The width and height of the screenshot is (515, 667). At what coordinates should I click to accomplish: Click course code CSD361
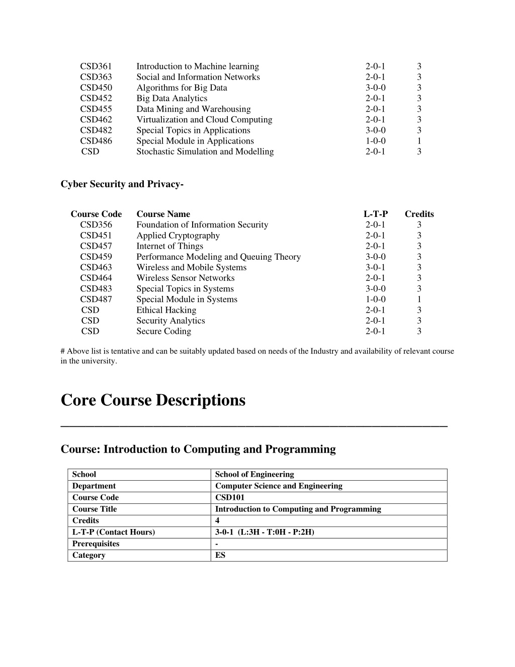click(x=96, y=66)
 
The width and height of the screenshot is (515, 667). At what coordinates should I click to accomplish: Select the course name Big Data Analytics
click(x=171, y=98)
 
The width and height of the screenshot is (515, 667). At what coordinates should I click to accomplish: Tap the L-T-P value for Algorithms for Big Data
click(x=375, y=88)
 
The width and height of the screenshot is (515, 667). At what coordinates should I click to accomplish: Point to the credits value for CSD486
click(x=419, y=141)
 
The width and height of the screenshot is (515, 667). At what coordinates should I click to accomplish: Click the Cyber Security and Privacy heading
click(x=122, y=184)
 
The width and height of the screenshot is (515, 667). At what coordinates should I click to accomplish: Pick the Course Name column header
click(x=163, y=214)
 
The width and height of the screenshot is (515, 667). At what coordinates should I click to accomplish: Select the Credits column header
click(x=419, y=214)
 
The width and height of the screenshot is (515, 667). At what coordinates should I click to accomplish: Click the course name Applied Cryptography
click(x=178, y=236)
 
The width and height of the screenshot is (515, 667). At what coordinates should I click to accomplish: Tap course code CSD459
click(x=96, y=257)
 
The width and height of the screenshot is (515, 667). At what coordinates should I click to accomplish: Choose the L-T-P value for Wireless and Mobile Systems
click(x=375, y=267)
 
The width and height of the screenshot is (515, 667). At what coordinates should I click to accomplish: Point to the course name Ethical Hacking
click(x=166, y=310)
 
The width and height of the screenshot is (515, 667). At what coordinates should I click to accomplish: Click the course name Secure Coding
click(x=163, y=331)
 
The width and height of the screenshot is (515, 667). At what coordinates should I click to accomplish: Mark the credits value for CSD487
click(x=419, y=300)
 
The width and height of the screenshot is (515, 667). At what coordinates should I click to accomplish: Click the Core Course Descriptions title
click(x=153, y=400)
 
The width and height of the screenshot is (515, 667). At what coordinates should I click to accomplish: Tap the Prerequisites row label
click(x=96, y=544)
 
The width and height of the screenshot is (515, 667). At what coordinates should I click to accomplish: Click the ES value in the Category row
click(x=220, y=555)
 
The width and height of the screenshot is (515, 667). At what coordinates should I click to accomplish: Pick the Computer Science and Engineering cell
click(x=279, y=486)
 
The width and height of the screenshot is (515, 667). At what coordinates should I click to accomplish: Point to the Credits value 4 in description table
click(x=217, y=521)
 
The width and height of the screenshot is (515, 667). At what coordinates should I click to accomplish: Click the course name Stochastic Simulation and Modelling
click(x=205, y=152)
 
